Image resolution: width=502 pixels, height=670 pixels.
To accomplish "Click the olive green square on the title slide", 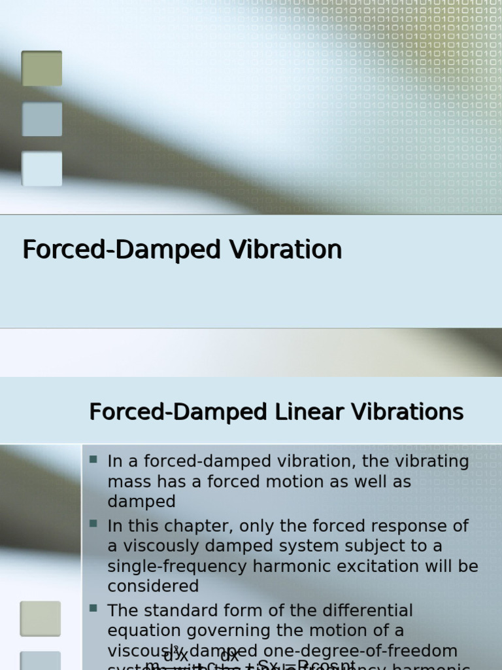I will (x=42, y=69).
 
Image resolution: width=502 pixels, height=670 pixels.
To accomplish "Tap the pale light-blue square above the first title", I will (x=42, y=169).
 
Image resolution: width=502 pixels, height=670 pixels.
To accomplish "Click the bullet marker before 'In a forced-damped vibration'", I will (x=93, y=460).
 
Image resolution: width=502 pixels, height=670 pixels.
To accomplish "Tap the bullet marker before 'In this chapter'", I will (x=93, y=524).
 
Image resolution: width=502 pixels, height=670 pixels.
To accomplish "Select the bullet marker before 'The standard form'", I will (x=93, y=608).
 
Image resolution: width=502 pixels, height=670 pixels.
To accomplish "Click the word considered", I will (x=153, y=586).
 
